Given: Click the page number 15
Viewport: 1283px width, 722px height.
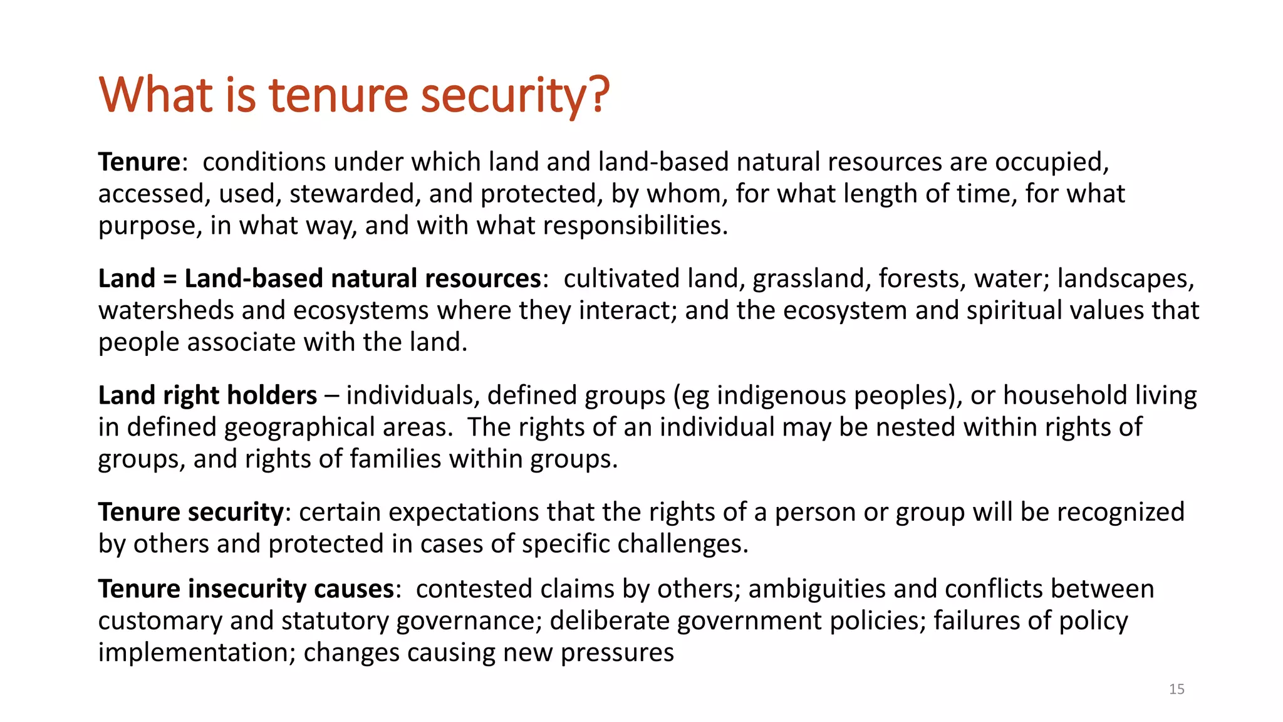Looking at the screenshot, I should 1177,689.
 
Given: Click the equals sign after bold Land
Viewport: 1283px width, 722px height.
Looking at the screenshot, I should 169,279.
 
